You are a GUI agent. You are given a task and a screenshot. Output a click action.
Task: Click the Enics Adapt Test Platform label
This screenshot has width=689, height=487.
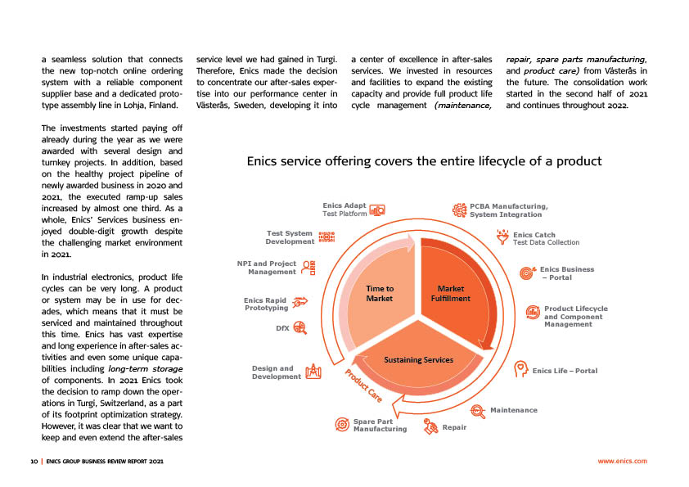[344, 210]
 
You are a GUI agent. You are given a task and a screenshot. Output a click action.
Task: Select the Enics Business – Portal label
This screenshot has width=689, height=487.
[567, 273]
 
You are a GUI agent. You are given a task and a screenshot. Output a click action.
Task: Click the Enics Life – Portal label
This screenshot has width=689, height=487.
[565, 371]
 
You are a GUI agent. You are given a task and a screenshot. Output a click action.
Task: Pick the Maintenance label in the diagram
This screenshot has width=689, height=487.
[513, 409]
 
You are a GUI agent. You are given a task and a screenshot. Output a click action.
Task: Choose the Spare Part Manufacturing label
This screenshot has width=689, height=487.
[380, 425]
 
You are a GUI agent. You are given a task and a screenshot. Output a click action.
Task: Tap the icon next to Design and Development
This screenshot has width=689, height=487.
[312, 372]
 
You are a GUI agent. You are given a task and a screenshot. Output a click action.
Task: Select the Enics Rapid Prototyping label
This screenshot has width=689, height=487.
[266, 304]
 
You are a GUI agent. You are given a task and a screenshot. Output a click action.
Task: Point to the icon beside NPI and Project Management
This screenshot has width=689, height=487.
[308, 268]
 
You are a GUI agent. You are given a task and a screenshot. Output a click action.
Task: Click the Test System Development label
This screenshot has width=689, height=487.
[290, 237]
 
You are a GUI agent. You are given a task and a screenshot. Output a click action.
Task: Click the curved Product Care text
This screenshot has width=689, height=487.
[363, 386]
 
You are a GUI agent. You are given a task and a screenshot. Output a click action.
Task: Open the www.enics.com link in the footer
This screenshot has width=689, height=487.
[623, 462]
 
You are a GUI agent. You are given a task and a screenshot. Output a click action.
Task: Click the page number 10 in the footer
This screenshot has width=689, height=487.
[34, 462]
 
